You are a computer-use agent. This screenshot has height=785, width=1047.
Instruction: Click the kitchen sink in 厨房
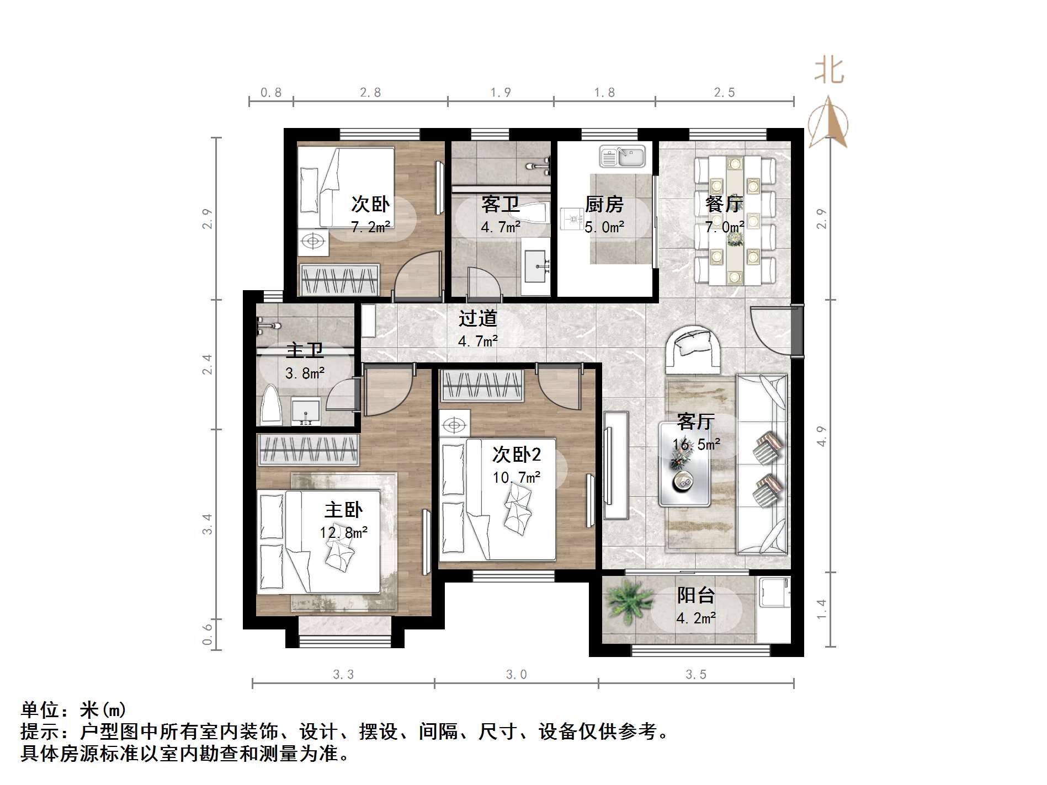(623, 156)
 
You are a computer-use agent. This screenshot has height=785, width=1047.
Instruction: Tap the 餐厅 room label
(725, 204)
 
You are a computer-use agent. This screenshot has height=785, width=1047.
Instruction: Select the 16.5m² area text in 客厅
(696, 445)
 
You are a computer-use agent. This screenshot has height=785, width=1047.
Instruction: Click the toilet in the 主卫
(271, 405)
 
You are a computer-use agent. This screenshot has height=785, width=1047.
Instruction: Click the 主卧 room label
(343, 509)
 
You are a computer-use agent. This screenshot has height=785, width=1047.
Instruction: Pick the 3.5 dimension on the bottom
(696, 674)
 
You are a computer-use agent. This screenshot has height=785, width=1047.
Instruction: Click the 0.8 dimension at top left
(270, 93)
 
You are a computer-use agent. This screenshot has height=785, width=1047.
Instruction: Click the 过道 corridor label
(478, 318)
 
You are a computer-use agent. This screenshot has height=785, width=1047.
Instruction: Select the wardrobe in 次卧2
(482, 385)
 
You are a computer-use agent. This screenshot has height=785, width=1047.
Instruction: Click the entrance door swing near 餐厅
(770, 328)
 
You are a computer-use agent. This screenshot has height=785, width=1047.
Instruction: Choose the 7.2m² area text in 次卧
(370, 227)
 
